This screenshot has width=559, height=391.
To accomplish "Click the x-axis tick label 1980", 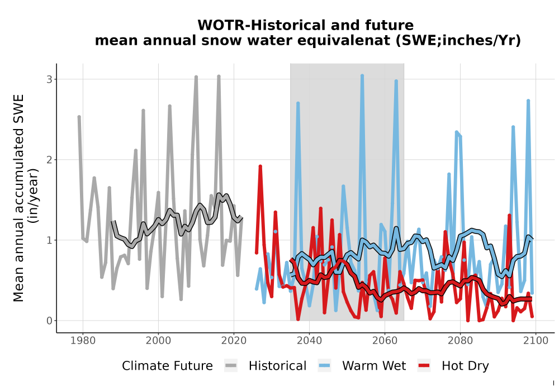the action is point(83,341).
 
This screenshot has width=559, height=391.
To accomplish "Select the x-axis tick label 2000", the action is point(158,341).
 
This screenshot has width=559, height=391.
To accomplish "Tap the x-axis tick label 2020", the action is point(234,341).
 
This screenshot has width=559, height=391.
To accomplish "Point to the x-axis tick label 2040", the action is point(310,341).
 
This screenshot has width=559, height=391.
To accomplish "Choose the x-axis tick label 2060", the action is point(385,341).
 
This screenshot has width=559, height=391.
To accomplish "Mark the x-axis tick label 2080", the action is point(460,341).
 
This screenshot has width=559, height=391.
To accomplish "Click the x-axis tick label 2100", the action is point(536,341).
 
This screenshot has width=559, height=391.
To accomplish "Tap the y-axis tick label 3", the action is point(50,79).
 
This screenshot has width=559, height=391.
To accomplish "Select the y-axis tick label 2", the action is point(50,160).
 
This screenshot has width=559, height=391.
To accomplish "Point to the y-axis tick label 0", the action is point(50,321).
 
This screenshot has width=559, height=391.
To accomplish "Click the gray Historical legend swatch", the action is point(231,366).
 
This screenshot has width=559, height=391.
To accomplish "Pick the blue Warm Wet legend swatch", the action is point(324,366).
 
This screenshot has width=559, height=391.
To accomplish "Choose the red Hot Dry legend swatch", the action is point(424,366).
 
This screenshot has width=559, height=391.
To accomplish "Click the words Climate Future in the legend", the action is point(167,366).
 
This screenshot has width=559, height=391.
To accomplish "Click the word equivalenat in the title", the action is point(330,41).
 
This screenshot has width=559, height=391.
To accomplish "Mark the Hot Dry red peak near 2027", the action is point(260,166).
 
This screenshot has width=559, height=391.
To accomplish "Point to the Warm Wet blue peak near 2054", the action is point(362,76).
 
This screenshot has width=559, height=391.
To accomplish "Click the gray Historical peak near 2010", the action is point(196,77).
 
